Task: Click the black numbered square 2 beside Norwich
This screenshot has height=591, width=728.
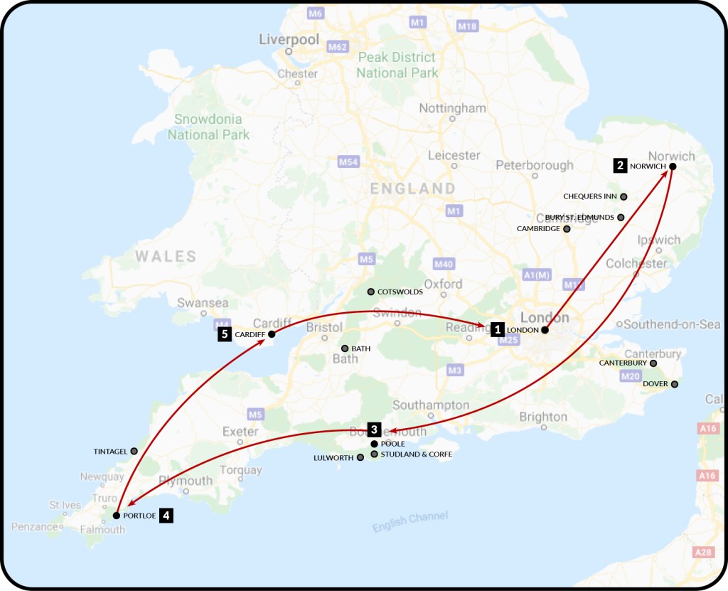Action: tap(621, 166)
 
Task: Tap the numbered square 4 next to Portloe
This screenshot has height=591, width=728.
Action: tap(166, 516)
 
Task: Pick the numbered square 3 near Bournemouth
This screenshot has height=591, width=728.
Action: tap(374, 429)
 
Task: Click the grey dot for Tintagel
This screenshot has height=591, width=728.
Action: tap(134, 451)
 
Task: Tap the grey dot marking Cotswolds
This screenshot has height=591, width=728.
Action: tap(370, 292)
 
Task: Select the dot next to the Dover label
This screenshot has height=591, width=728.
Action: tap(674, 384)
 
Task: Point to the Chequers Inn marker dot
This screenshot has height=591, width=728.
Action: tap(623, 196)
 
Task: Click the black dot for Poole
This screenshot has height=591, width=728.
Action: tap(375, 444)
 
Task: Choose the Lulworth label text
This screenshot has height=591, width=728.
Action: tap(333, 458)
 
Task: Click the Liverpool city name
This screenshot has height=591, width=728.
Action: tap(289, 40)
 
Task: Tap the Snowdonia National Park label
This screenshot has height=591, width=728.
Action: tap(208, 127)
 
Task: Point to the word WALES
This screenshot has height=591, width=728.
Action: tap(166, 257)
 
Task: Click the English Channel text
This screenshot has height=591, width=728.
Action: tap(410, 522)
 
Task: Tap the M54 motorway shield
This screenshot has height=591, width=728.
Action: tap(348, 163)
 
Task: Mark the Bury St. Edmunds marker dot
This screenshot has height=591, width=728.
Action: tap(621, 217)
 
